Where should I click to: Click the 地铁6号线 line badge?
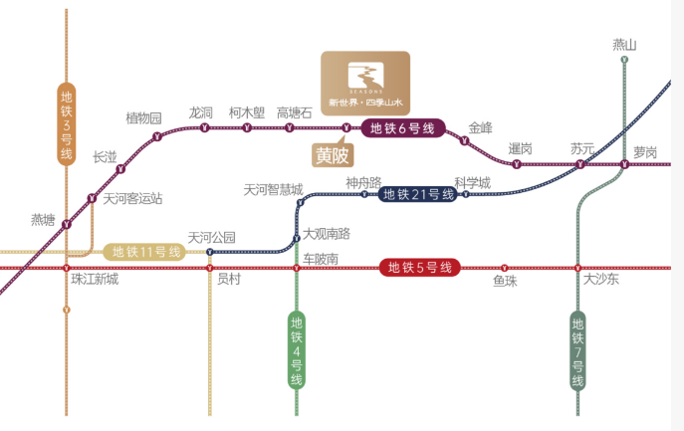click(403, 127)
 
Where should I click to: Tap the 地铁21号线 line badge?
click(419, 194)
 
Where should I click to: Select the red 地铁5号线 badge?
click(419, 267)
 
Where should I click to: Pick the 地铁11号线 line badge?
click(147, 252)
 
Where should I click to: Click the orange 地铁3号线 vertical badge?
click(67, 124)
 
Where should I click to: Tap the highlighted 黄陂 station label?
click(333, 155)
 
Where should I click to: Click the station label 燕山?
click(624, 45)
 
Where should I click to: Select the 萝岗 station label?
click(645, 152)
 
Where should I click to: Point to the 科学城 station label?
click(472, 182)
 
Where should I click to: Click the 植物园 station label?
click(143, 118)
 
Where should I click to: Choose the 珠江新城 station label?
click(95, 280)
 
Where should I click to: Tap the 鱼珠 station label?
click(505, 281)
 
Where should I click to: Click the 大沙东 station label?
click(601, 280)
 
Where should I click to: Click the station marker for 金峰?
click(464, 141)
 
